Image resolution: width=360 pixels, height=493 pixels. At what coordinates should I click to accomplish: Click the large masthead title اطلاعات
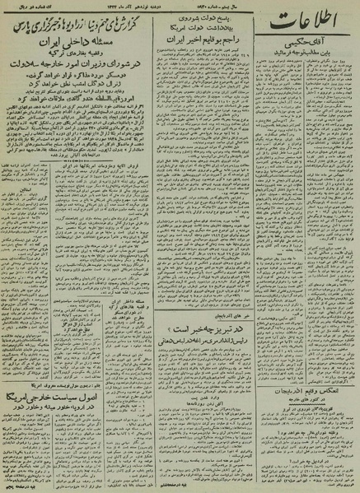316,35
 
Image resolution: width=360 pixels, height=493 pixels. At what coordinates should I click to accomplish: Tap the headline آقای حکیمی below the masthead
317,63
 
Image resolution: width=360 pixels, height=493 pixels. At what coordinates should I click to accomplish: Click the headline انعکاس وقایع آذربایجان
317,390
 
